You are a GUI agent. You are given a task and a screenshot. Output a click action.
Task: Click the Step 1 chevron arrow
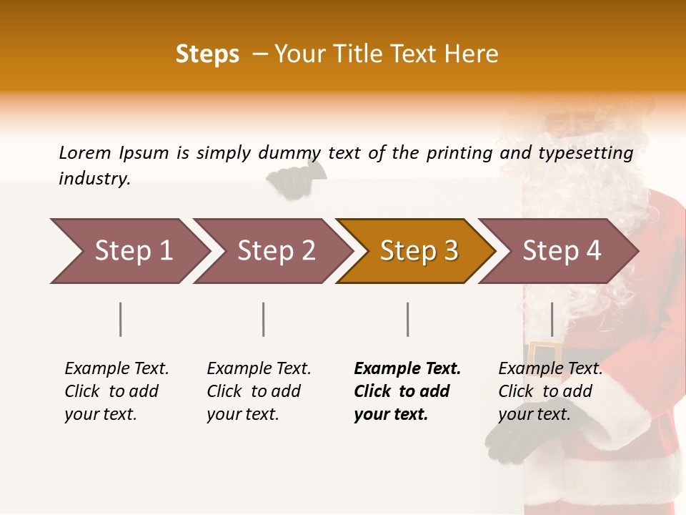129,251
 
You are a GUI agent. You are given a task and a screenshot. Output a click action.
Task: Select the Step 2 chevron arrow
272,251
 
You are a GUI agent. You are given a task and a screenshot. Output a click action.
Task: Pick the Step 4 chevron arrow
560,251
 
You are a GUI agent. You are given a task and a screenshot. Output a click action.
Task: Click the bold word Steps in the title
207,54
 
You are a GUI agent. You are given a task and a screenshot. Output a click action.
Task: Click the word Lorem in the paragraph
85,152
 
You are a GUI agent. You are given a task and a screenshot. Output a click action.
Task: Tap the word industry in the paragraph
94,179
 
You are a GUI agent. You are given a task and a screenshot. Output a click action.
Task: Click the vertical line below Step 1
121,319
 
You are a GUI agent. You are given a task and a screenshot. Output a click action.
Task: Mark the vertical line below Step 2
264,319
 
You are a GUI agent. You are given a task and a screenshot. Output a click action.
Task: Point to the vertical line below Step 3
407,319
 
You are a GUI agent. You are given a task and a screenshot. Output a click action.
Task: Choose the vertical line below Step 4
552,319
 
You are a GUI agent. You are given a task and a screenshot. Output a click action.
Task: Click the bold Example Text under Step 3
407,369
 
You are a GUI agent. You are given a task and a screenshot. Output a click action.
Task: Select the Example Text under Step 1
116,369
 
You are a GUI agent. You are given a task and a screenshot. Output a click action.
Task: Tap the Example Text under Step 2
259,369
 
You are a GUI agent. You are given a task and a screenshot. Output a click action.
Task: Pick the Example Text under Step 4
550,369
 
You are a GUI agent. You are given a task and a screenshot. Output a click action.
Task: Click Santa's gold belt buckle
545,353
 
